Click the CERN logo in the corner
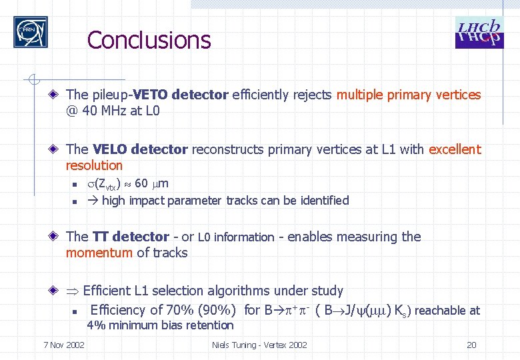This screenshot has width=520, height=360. coord(31,32)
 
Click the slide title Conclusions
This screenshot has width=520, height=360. coord(149,40)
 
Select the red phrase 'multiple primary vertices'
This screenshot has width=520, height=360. coord(408,95)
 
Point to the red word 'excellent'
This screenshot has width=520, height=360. coord(454,149)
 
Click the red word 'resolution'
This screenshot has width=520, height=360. coord(94,165)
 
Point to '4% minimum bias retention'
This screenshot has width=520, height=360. coord(161,325)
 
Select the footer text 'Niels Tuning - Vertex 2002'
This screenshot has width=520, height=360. coord(259,345)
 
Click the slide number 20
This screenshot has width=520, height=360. coord(471,345)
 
